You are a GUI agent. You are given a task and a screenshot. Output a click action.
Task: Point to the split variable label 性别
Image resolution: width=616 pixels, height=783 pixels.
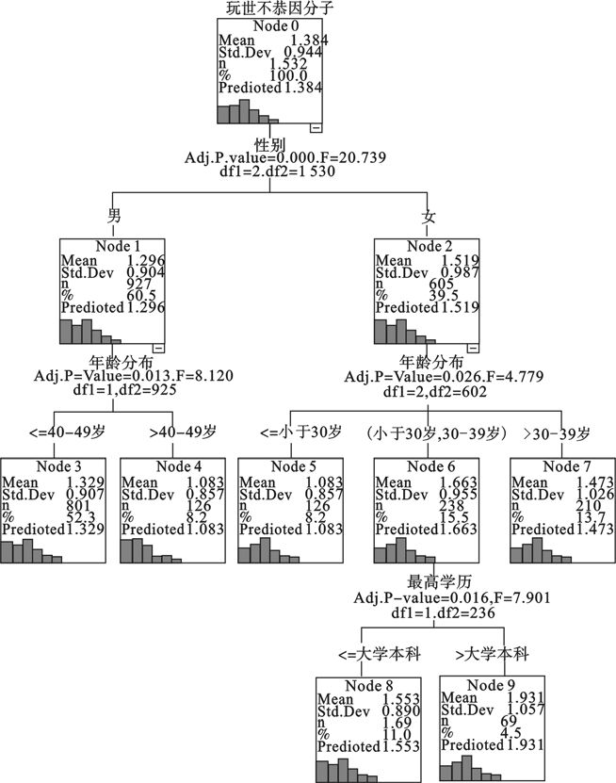[270, 145]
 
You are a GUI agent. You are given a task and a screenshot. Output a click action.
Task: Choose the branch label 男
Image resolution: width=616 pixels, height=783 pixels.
[114, 217]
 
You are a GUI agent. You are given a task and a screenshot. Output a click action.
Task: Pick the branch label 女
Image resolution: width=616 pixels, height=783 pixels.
[429, 217]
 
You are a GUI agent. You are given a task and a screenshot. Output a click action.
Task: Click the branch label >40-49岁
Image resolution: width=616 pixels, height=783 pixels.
[183, 432]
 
